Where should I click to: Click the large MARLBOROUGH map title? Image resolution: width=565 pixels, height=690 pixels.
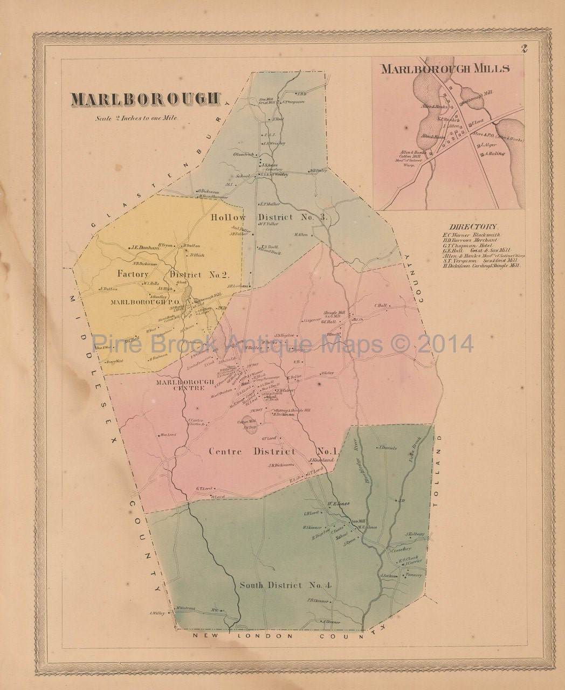[x=146, y=99]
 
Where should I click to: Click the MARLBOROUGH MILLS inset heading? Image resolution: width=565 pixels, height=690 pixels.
[x=445, y=68]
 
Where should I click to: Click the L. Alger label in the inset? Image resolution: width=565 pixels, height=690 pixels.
[x=487, y=145]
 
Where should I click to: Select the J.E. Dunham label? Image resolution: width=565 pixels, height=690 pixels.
[x=146, y=248]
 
